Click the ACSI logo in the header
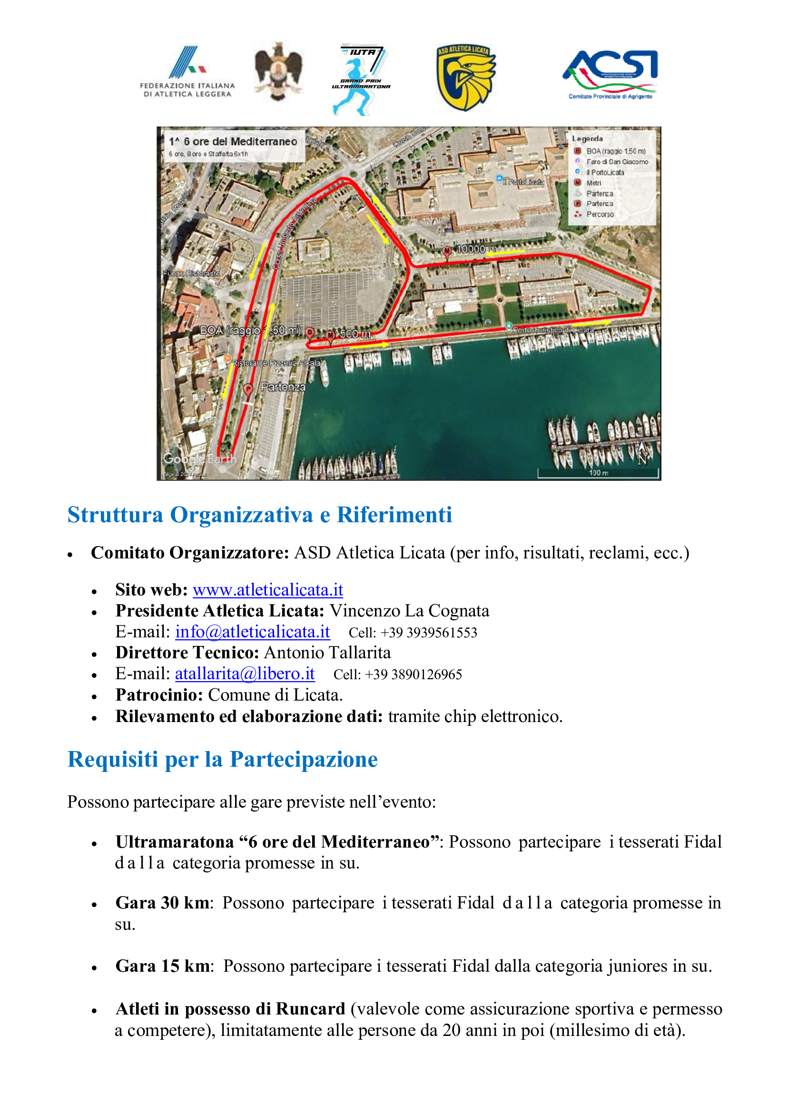point(610,74)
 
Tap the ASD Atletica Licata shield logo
point(465,77)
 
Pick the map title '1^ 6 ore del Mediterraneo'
point(233,142)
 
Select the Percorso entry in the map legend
point(600,215)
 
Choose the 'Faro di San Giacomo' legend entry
point(617,162)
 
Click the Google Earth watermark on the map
point(199,459)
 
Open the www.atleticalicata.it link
point(268,590)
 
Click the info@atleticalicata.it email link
point(253,632)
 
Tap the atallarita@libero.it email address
point(245,674)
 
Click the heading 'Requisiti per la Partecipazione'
point(222,760)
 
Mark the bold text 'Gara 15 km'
point(163,966)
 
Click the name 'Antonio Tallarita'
point(327,653)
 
